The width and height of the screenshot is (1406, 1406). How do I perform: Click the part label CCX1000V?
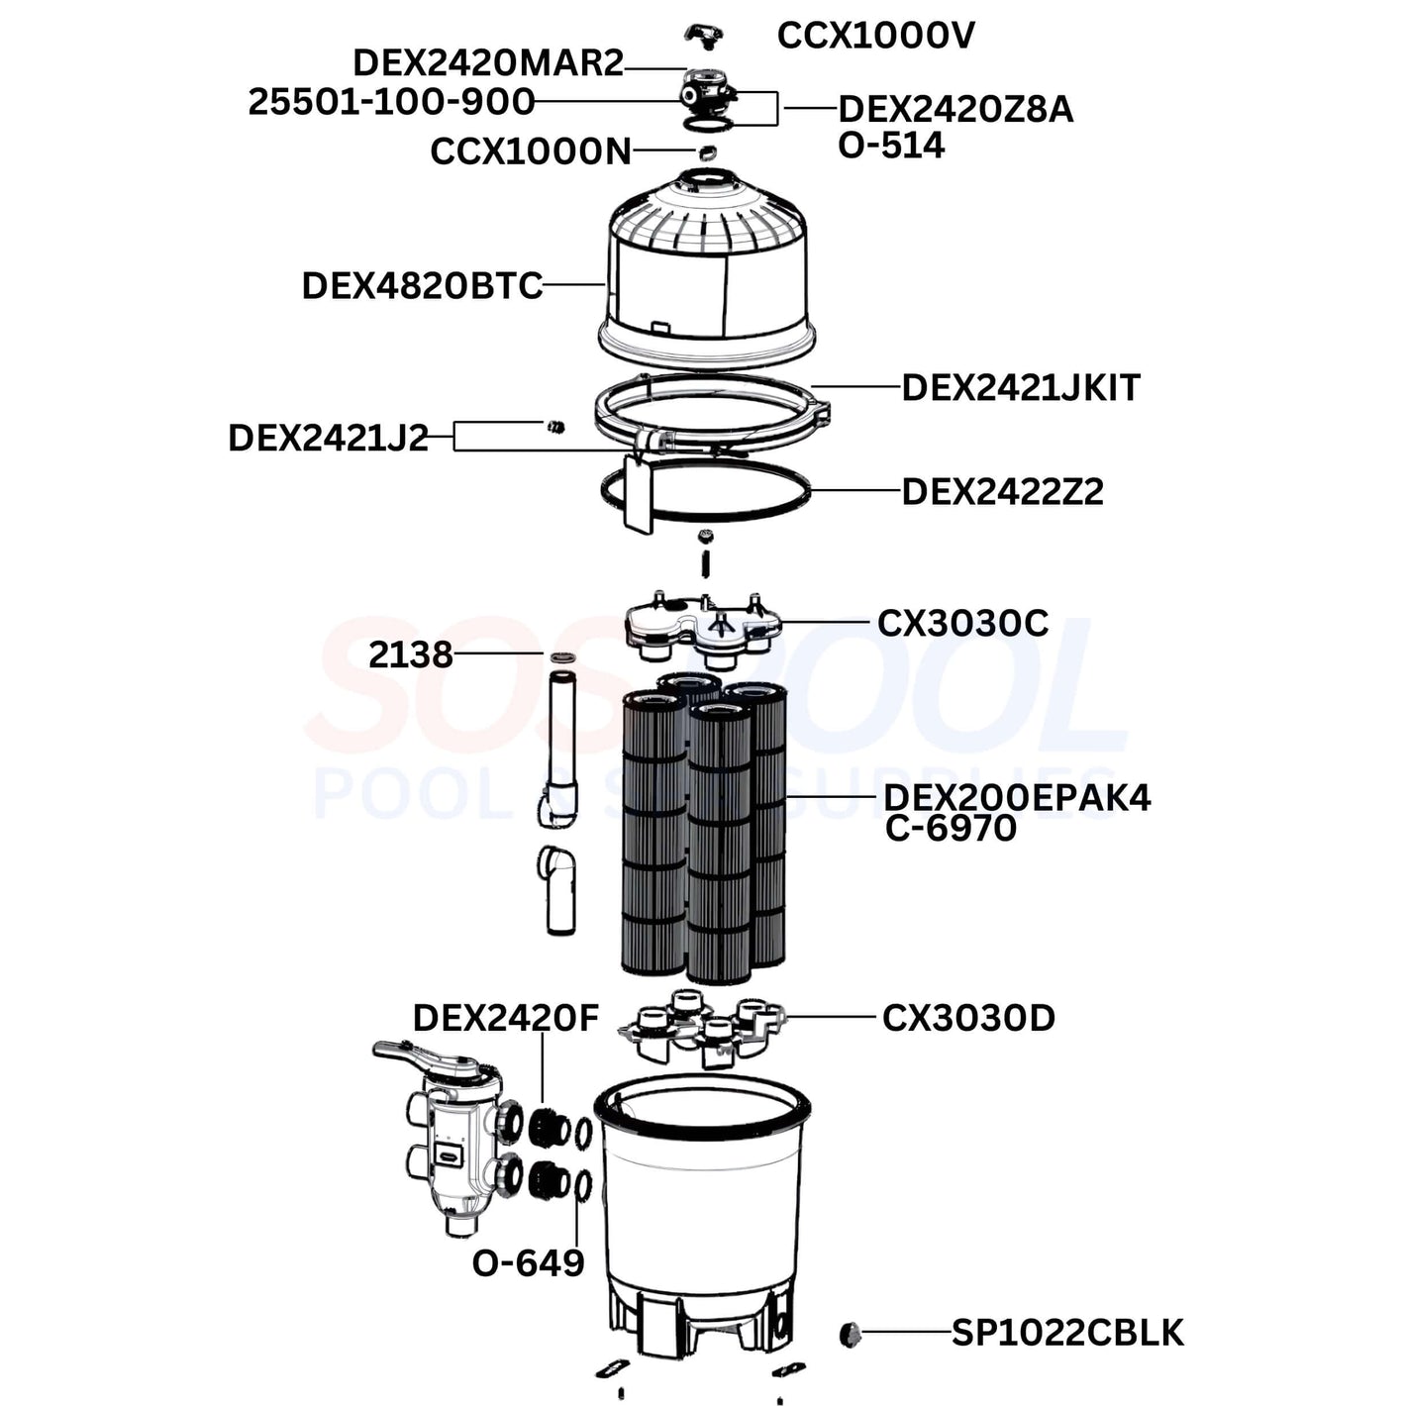pyautogui.click(x=875, y=36)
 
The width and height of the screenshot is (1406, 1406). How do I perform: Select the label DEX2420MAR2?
pyautogui.click(x=488, y=63)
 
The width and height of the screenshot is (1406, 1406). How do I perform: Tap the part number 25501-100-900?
pyautogui.click(x=391, y=101)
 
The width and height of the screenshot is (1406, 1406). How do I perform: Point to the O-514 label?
pyautogui.click(x=891, y=146)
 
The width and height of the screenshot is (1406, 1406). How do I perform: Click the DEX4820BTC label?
pyautogui.click(x=422, y=286)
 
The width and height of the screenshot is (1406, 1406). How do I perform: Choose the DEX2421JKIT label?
pyautogui.click(x=1021, y=387)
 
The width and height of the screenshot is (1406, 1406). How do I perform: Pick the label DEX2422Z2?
pyautogui.click(x=1002, y=491)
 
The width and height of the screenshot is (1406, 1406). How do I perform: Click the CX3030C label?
pyautogui.click(x=962, y=623)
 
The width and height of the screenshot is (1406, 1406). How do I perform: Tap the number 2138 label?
pyautogui.click(x=410, y=654)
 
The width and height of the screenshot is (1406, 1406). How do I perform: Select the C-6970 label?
pyautogui.click(x=951, y=828)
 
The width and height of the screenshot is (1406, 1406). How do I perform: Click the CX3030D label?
pyautogui.click(x=968, y=1017)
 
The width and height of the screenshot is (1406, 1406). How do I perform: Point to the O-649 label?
pyautogui.click(x=528, y=1263)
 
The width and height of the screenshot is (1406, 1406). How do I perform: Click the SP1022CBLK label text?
pyautogui.click(x=1067, y=1333)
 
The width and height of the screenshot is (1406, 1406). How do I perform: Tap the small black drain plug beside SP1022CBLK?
pyautogui.click(x=850, y=1334)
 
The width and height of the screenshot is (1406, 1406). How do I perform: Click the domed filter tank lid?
pyautogui.click(x=705, y=267)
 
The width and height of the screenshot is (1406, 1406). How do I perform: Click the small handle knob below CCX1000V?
pyautogui.click(x=703, y=36)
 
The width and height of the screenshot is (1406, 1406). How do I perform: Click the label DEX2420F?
pyautogui.click(x=505, y=1017)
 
